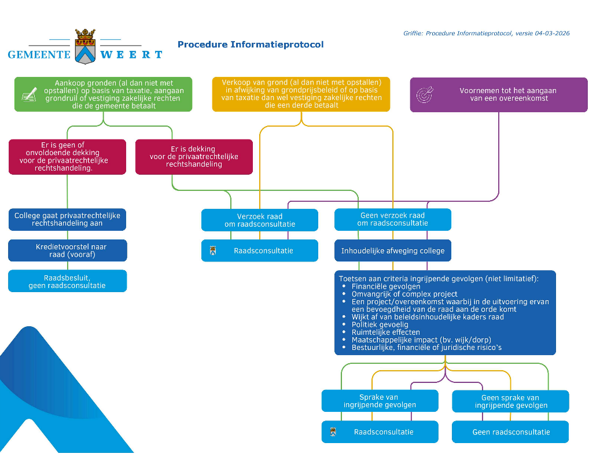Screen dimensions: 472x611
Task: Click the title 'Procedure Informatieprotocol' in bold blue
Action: click(x=251, y=45)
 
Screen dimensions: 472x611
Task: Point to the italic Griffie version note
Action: click(x=486, y=34)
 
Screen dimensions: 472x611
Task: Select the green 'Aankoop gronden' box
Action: click(x=103, y=94)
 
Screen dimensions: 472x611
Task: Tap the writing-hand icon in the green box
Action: click(x=29, y=94)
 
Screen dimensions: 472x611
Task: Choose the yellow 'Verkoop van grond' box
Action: click(x=301, y=94)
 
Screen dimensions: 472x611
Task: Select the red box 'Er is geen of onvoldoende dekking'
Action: click(x=67, y=156)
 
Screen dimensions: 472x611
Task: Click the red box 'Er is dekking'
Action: click(x=194, y=156)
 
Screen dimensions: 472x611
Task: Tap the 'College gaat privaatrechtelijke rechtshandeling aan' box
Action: click(x=67, y=219)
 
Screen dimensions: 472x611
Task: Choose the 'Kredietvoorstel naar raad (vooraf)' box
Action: click(x=67, y=250)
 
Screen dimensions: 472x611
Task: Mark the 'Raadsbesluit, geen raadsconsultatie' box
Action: click(x=67, y=281)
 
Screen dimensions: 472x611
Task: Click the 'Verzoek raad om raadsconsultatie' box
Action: click(x=259, y=220)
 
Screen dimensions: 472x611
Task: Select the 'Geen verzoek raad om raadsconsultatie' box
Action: click(x=392, y=220)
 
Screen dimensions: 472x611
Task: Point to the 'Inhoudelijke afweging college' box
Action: click(x=392, y=251)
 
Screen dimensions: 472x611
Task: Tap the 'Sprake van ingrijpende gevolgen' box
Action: click(x=380, y=401)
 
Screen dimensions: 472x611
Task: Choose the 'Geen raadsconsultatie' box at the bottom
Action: click(x=510, y=432)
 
